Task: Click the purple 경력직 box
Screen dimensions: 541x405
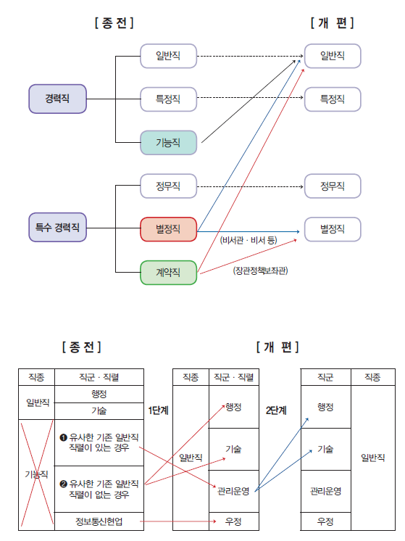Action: click(57, 98)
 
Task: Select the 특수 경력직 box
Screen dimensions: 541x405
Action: click(57, 228)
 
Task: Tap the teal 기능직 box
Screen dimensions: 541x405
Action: click(168, 141)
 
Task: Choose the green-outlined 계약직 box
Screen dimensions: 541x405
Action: click(168, 272)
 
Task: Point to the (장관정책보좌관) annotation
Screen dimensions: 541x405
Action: click(260, 271)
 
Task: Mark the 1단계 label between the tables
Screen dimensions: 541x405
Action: click(159, 410)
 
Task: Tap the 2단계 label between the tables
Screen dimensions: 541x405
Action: click(277, 410)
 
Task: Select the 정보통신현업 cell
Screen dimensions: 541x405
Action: click(99, 521)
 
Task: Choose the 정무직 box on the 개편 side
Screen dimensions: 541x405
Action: click(333, 186)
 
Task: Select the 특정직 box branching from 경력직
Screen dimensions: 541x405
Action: click(168, 98)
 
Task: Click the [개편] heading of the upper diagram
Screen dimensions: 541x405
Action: click(333, 23)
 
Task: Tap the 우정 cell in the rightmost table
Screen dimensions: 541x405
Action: click(325, 521)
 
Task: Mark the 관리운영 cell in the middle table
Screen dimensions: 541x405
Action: click(233, 490)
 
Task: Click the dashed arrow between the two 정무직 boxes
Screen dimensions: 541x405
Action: click(250, 186)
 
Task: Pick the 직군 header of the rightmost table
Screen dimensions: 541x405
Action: click(325, 377)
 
